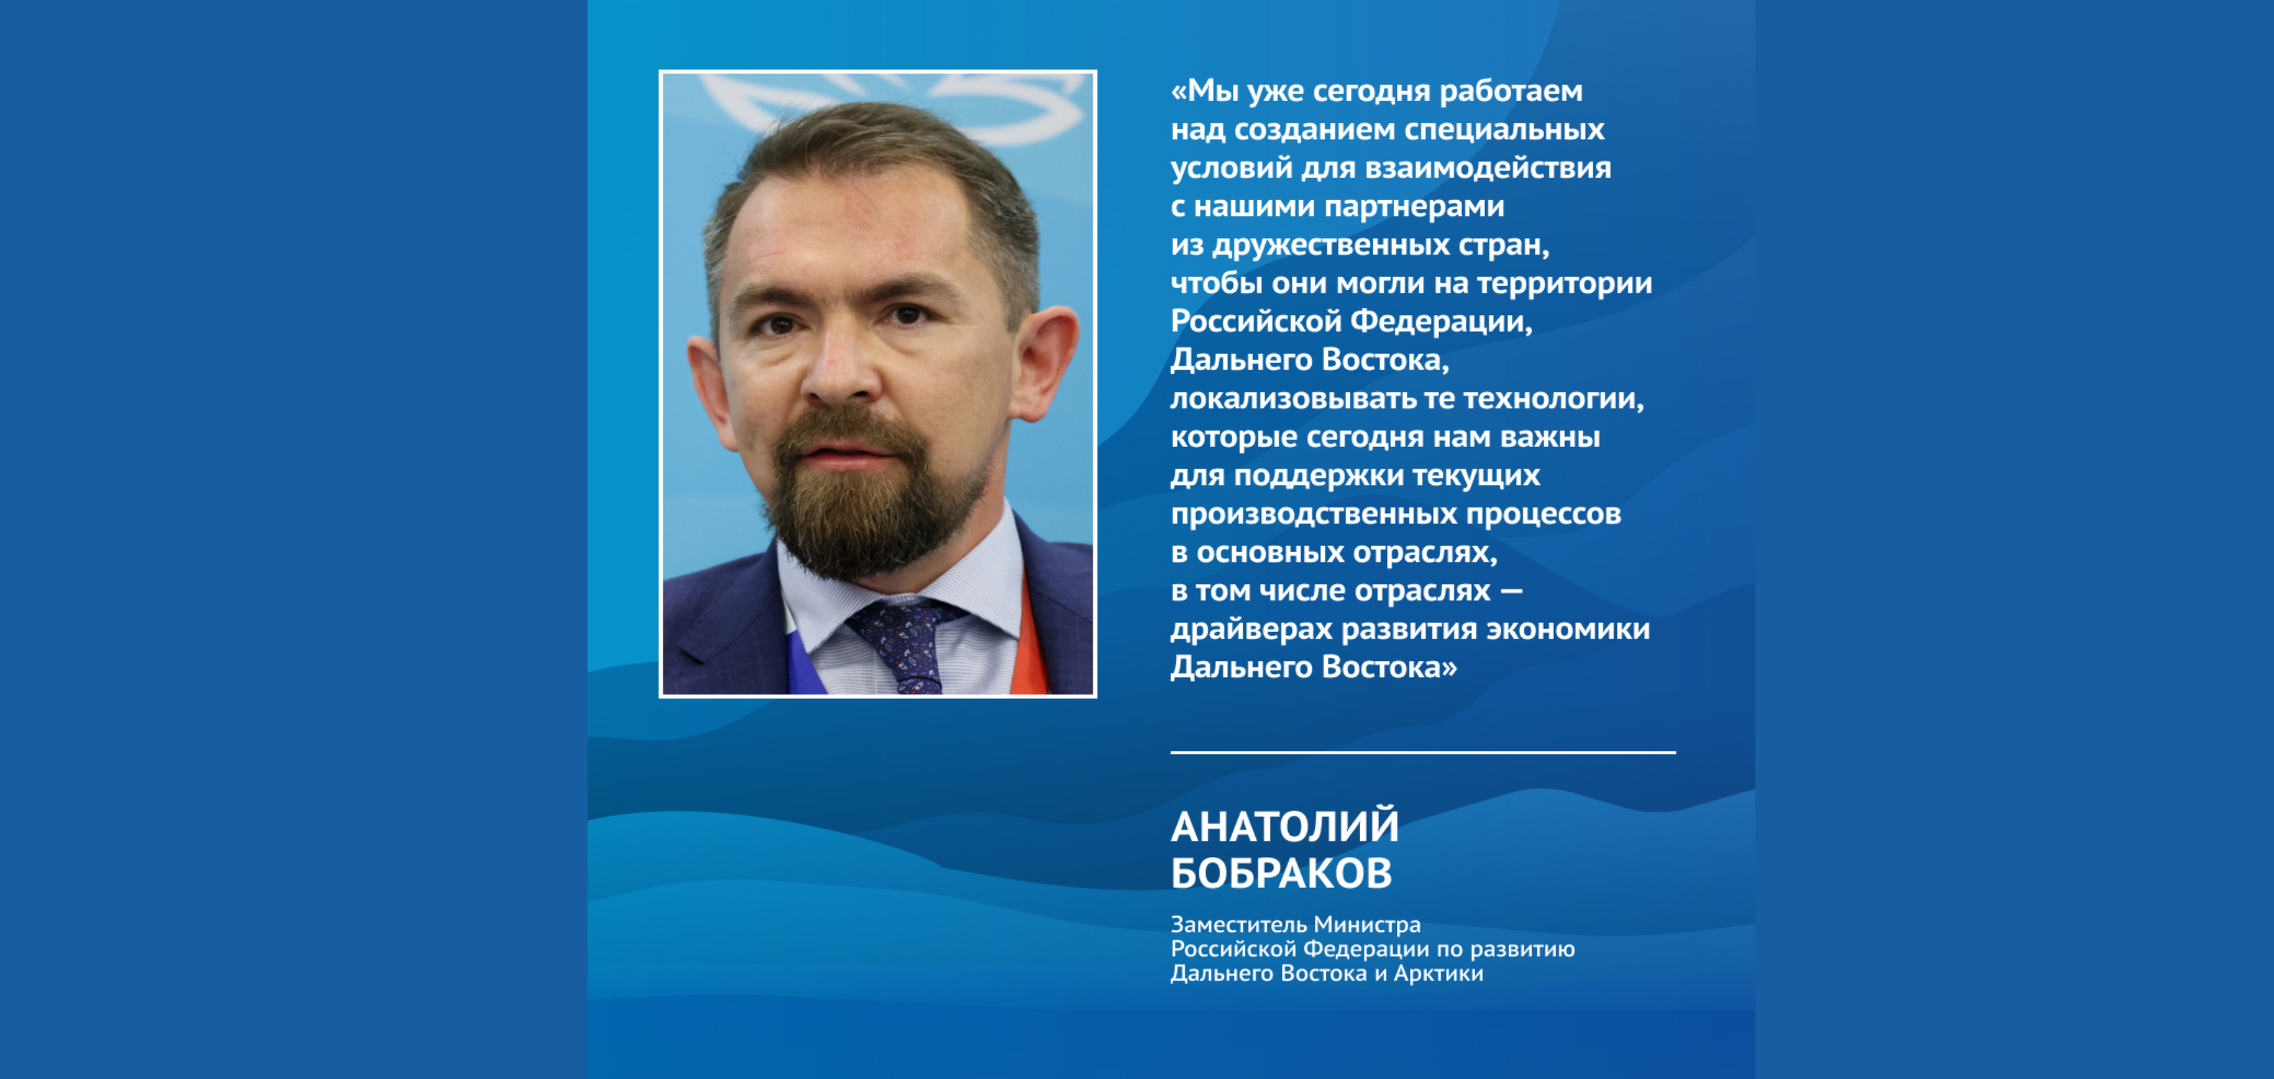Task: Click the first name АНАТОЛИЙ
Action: tap(1285, 827)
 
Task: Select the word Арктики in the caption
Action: tap(1438, 973)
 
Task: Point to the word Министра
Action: tap(1367, 925)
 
